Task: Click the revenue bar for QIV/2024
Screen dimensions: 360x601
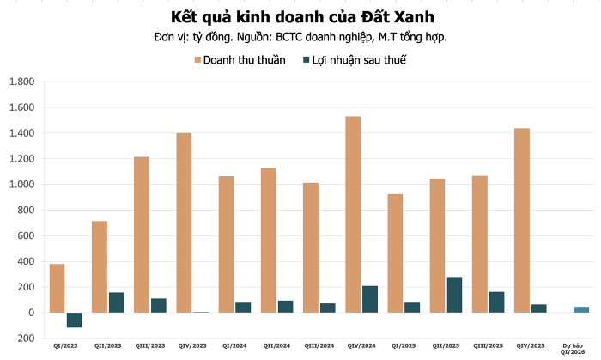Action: (x=353, y=214)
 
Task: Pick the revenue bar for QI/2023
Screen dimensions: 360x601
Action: (x=58, y=288)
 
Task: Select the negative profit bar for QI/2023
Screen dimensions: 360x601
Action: (x=74, y=320)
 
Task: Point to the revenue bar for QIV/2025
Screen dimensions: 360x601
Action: (x=521, y=220)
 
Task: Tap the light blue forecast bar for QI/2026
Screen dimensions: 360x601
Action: (x=581, y=309)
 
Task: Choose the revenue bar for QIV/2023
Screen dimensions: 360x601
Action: (x=184, y=223)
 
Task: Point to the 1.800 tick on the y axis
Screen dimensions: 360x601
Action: (x=21, y=82)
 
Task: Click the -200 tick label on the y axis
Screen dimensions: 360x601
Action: (x=22, y=339)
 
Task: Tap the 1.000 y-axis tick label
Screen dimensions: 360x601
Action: (x=21, y=185)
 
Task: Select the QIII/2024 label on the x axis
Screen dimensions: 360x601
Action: (x=319, y=346)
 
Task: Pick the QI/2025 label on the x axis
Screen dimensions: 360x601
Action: (x=403, y=346)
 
